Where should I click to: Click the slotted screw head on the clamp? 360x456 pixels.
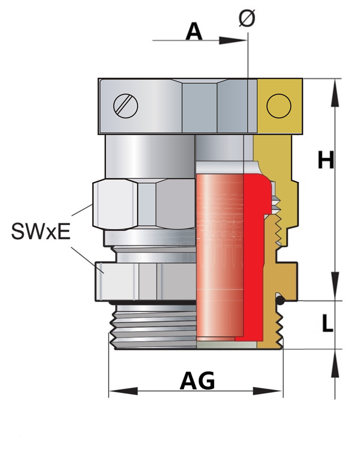coord(126,105)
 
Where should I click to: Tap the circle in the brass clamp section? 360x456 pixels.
coord(279,105)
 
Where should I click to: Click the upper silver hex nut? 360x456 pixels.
coord(144,204)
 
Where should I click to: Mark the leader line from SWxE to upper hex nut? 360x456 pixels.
coord(82,211)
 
